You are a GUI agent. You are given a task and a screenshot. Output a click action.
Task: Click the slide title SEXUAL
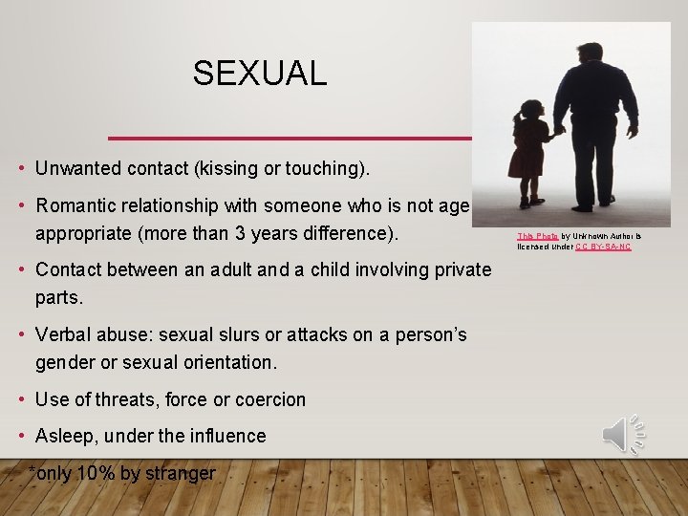259,73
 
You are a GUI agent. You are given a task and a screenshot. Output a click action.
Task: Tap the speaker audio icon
623,435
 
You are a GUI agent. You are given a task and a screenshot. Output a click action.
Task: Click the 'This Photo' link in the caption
538,235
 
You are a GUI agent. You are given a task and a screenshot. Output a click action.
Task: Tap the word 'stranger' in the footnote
181,473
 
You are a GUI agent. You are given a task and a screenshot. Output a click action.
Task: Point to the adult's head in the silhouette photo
591,53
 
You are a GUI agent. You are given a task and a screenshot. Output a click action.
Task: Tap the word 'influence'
227,436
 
